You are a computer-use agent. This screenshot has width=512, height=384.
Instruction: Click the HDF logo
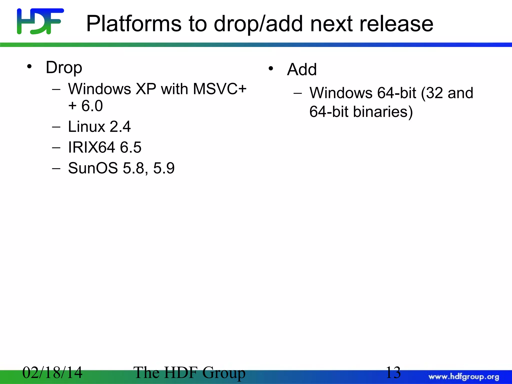tap(40, 21)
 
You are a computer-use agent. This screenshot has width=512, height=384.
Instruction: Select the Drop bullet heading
tap(64, 67)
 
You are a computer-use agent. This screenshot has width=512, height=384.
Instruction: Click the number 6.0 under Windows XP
tap(92, 106)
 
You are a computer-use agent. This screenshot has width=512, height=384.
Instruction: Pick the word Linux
tap(86, 126)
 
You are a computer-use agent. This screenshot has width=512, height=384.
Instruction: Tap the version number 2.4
tap(120, 126)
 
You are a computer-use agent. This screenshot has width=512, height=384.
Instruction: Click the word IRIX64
tap(91, 147)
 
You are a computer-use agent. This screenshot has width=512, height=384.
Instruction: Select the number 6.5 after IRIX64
tap(130, 147)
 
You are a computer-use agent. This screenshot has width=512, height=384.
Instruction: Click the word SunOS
tap(93, 168)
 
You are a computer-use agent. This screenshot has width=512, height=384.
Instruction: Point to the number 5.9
tap(164, 168)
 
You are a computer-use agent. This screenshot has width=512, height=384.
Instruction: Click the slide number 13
tap(393, 372)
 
